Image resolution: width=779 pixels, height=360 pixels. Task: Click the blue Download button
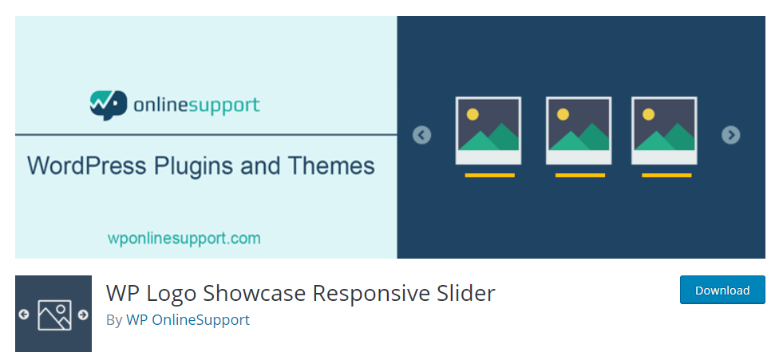click(x=722, y=290)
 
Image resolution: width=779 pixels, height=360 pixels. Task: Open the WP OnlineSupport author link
click(x=188, y=320)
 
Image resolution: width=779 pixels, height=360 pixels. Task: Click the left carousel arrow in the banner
click(x=421, y=135)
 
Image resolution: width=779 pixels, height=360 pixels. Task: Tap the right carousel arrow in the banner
click(x=731, y=135)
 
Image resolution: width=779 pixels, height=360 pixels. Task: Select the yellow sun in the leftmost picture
click(x=473, y=114)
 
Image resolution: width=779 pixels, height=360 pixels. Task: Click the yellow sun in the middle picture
click(x=563, y=114)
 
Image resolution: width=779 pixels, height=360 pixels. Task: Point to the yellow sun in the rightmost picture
click(x=648, y=114)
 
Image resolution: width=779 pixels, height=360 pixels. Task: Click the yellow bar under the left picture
click(x=489, y=176)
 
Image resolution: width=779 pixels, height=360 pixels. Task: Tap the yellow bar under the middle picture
click(x=579, y=176)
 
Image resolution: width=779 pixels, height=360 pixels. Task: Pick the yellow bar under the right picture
click(x=666, y=176)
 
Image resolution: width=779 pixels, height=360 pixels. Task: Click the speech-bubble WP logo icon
click(x=108, y=105)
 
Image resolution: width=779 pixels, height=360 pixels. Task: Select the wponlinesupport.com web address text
click(x=184, y=239)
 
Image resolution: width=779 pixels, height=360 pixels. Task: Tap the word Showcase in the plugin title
click(x=255, y=293)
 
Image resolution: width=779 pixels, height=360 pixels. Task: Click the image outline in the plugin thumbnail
click(x=54, y=315)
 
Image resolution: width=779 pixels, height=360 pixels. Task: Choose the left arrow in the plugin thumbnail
click(x=24, y=315)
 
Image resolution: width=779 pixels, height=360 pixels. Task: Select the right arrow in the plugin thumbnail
click(x=83, y=315)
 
